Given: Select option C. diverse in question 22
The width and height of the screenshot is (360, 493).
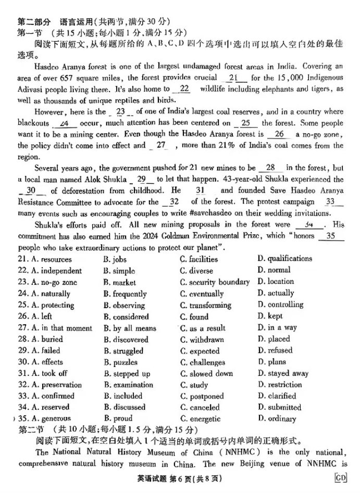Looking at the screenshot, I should point(196,271).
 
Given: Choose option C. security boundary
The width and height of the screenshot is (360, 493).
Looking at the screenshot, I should point(215,282).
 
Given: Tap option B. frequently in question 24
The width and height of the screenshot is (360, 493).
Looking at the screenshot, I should point(125,294).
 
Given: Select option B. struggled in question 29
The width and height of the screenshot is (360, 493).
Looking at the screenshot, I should point(123,351).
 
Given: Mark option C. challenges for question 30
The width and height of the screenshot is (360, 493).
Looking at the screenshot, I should point(203,362).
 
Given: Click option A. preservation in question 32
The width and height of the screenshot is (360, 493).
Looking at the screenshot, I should point(50,385).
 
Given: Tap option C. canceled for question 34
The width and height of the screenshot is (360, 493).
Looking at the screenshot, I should point(200,408).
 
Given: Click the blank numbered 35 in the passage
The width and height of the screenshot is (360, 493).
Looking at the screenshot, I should point(330,236).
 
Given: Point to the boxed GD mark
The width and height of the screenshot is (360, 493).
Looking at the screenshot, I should point(341,478).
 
